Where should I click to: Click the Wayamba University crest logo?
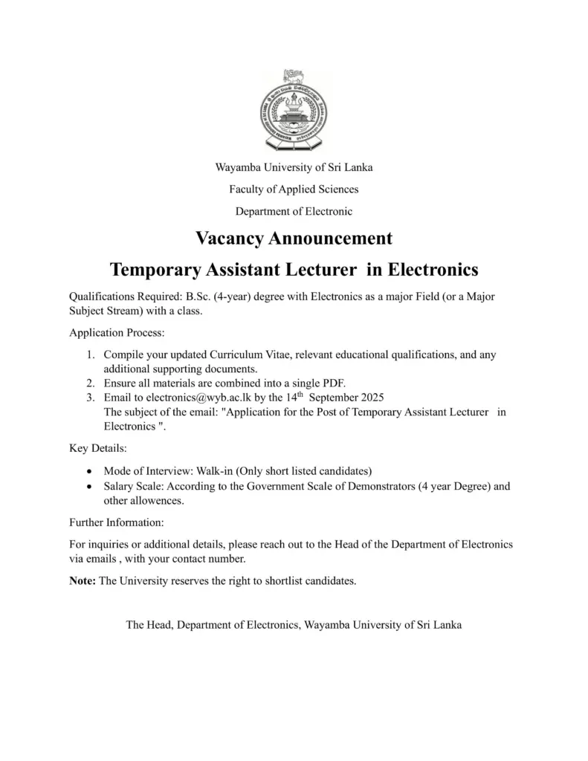tap(294, 111)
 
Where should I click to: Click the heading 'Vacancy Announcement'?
tap(294, 239)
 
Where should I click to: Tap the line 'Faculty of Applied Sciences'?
tap(294, 190)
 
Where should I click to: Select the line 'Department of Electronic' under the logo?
tap(294, 211)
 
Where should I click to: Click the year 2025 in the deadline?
tap(372, 397)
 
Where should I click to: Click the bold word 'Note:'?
tap(83, 581)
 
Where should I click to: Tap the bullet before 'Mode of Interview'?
tap(90, 472)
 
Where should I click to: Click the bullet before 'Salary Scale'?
tap(90, 488)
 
